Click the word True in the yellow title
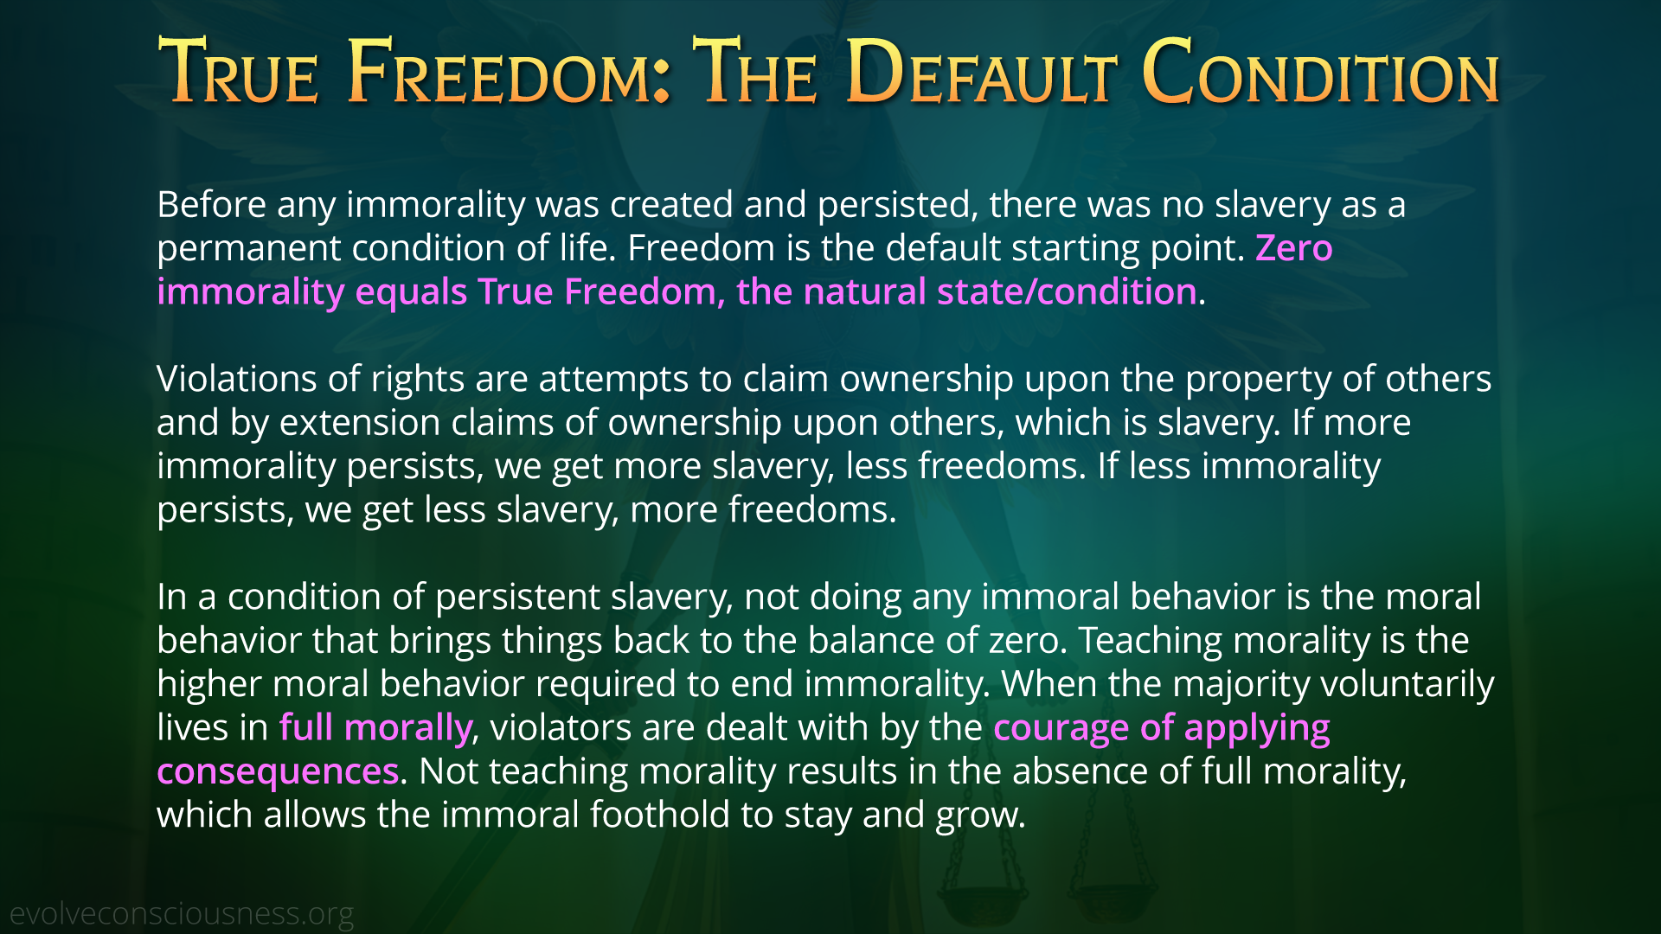pos(240,72)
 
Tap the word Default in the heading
pos(982,72)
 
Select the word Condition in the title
pos(1321,72)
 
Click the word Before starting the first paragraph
pos(212,205)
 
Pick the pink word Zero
pos(1294,248)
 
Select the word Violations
pos(237,379)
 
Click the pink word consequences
pos(278,772)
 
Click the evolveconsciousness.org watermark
pos(182,914)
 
